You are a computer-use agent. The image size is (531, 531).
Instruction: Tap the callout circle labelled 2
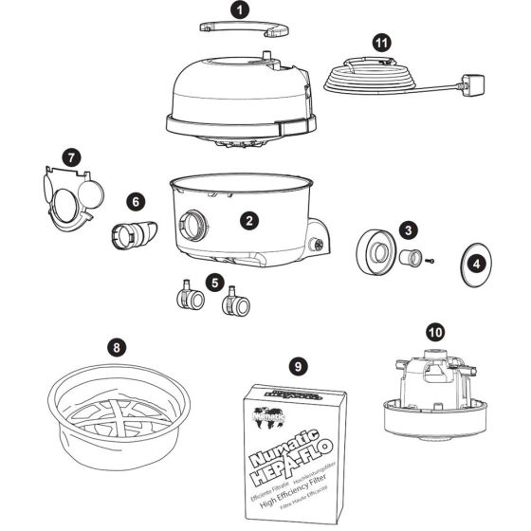coord(248,220)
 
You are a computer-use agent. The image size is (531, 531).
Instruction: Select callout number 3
coord(407,229)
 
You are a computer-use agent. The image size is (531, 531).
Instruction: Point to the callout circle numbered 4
coord(477,263)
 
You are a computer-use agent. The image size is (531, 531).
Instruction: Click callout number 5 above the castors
coord(216,282)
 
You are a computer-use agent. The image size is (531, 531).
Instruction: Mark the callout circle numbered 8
coord(116,347)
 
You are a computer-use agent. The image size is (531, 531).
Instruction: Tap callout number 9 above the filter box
coord(298,364)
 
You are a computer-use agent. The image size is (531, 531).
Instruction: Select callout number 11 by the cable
coord(379,42)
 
